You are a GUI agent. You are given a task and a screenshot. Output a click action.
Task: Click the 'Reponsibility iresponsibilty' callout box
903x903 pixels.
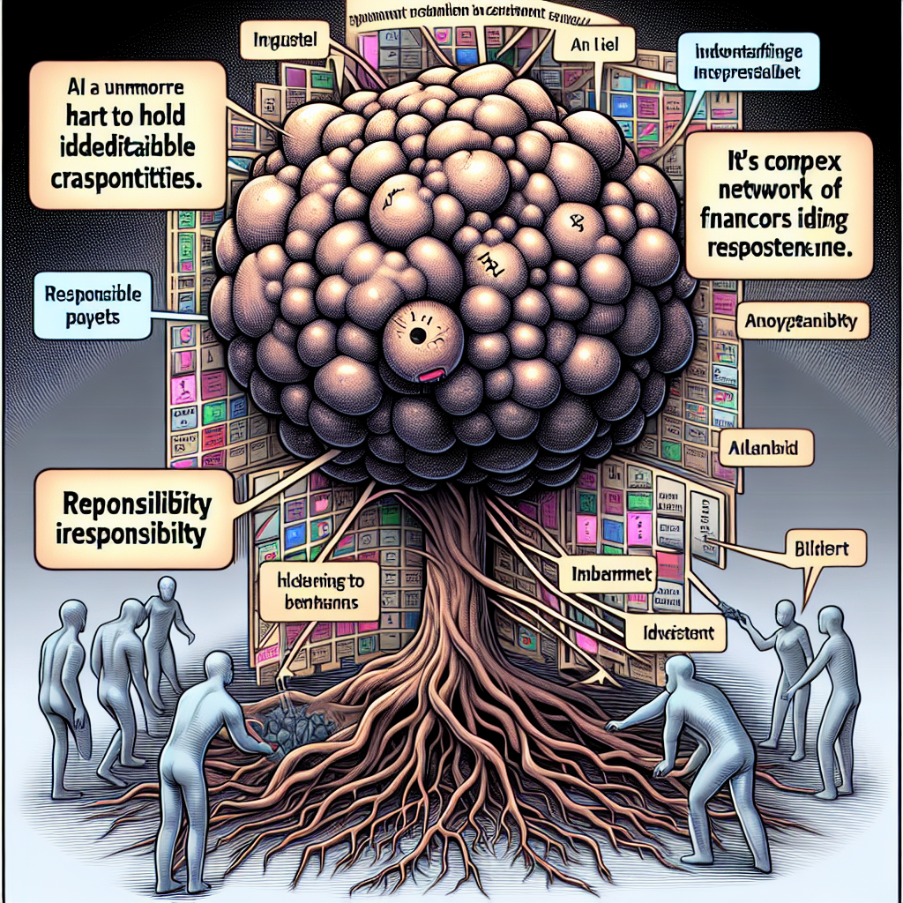point(134,518)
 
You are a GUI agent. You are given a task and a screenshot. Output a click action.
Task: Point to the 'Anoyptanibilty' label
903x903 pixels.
point(803,323)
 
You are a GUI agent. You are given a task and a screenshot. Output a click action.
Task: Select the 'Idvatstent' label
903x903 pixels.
point(678,631)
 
